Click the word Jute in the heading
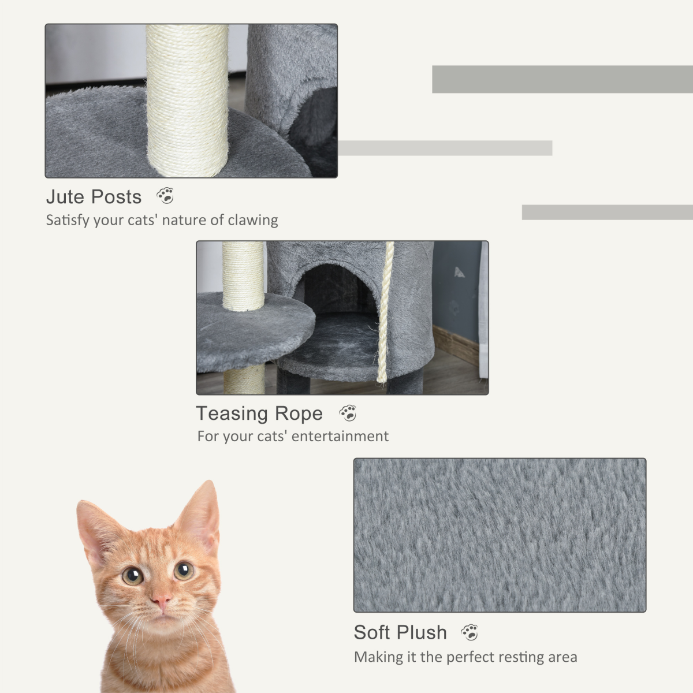click(x=65, y=197)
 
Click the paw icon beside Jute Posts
click(x=165, y=196)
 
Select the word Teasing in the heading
click(x=232, y=413)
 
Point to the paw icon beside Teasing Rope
click(x=348, y=413)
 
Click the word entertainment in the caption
click(x=340, y=436)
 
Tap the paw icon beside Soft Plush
click(x=470, y=632)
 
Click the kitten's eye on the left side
click(x=133, y=575)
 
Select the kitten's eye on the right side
click(x=184, y=571)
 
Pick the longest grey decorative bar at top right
click(x=561, y=79)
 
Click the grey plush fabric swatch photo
click(x=500, y=535)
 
